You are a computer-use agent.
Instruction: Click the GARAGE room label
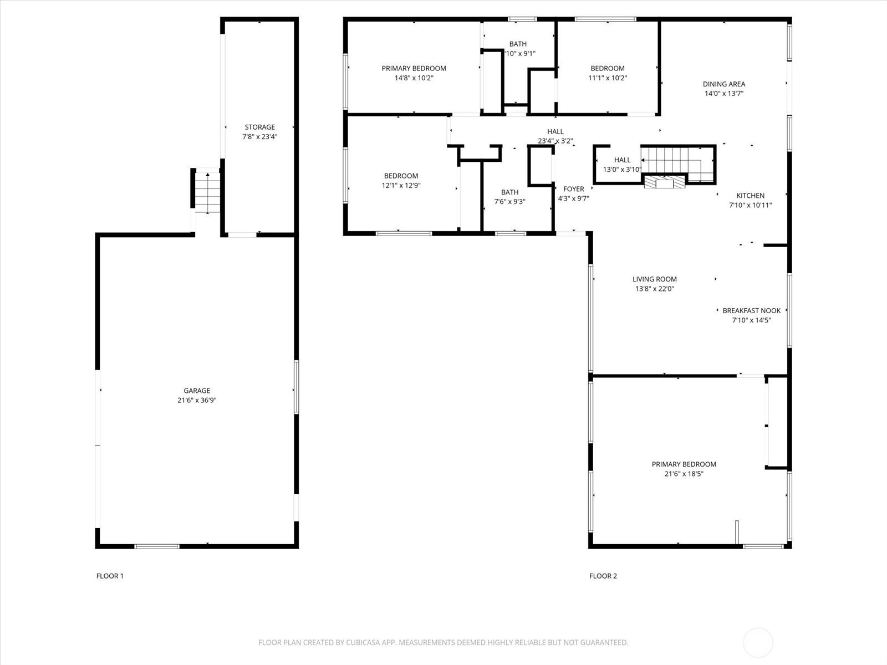tap(197, 391)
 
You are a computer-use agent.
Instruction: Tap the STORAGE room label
tap(259, 127)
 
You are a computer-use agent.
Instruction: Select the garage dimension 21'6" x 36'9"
tap(197, 400)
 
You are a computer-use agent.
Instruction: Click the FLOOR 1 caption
tap(110, 576)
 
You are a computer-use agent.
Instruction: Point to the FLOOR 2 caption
tap(603, 576)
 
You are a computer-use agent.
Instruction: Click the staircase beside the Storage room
tap(207, 192)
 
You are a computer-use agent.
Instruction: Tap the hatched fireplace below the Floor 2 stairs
tap(664, 182)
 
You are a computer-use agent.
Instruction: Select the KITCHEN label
tap(750, 196)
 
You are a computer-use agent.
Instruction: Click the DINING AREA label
tap(724, 84)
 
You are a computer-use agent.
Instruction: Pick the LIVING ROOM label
tap(655, 279)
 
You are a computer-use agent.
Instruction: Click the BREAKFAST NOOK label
tap(752, 310)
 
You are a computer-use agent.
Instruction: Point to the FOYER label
tap(573, 189)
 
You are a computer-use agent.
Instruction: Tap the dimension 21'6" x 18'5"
tap(684, 474)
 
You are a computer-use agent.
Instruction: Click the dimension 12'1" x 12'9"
tap(401, 185)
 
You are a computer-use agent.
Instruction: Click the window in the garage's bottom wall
tap(157, 546)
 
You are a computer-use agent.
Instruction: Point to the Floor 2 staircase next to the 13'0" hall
tap(677, 163)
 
